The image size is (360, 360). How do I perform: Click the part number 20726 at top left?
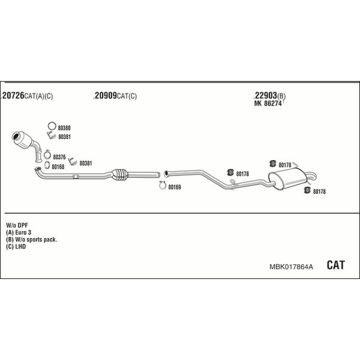tap(13, 95)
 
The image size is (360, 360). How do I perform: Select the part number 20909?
tap(106, 95)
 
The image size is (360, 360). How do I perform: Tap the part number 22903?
tap(265, 95)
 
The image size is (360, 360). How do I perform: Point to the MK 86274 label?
tap(268, 104)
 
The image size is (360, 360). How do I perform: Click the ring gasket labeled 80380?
tap(52, 126)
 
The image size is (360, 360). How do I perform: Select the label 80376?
tap(59, 157)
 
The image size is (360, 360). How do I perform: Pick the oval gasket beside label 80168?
tap(47, 165)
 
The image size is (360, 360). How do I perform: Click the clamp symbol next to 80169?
tap(163, 185)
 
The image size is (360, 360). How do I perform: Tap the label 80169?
tap(175, 187)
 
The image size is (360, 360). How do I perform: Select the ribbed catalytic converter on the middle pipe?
tap(120, 175)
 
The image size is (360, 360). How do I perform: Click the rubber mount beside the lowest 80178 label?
tap(307, 190)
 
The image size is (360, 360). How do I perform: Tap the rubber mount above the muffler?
tap(272, 163)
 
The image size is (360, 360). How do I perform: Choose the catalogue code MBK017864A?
tap(291, 266)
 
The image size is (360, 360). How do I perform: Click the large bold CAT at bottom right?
tap(335, 265)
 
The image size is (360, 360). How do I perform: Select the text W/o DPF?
tap(17, 225)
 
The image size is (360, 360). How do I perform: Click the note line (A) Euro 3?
tap(19, 232)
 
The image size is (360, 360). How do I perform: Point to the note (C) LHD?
tap(16, 247)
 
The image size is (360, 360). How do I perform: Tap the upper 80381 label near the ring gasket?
tap(65, 137)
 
